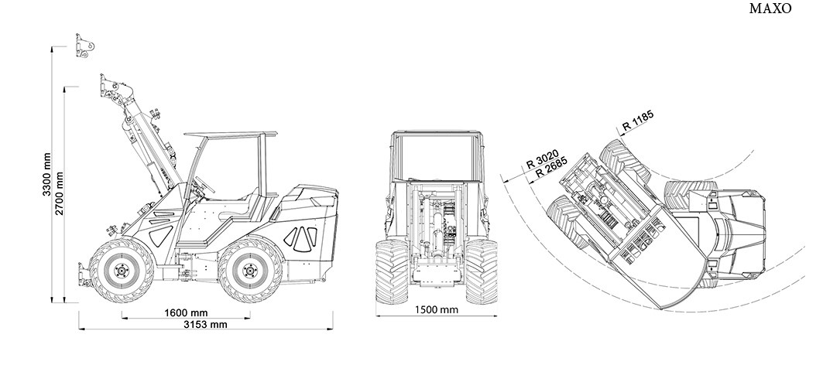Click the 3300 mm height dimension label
(x=47, y=175)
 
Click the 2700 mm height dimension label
(x=60, y=193)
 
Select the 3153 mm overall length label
(x=206, y=325)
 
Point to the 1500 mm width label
(x=437, y=310)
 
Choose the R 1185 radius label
(x=638, y=121)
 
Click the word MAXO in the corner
(x=770, y=9)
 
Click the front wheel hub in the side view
(x=122, y=271)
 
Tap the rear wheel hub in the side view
(x=250, y=271)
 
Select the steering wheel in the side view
(x=204, y=184)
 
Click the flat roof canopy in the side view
(x=231, y=135)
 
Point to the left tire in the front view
(x=392, y=271)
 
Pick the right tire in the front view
(x=482, y=271)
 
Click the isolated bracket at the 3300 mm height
(x=85, y=46)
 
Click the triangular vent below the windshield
(x=161, y=235)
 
